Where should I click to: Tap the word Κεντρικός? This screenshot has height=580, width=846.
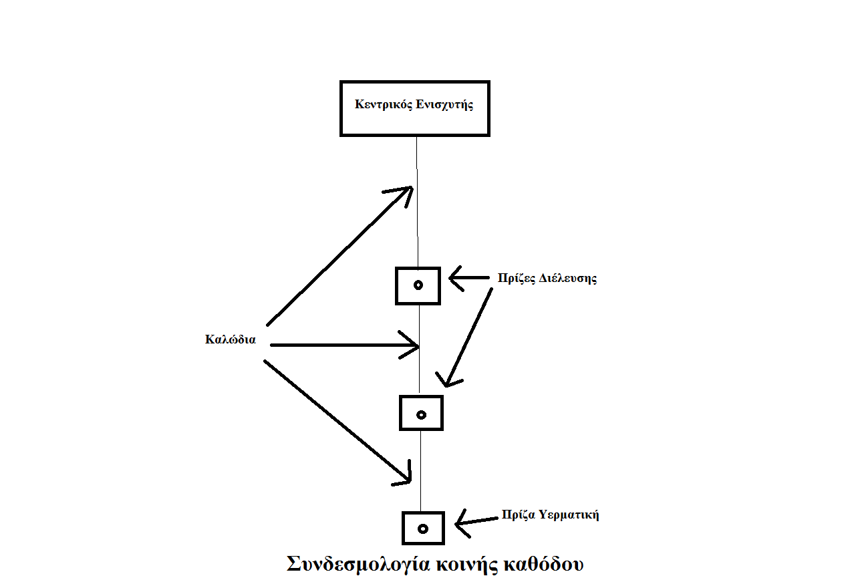[384, 104]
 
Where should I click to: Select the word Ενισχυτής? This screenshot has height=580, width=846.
[444, 105]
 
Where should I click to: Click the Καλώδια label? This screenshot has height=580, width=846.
[231, 339]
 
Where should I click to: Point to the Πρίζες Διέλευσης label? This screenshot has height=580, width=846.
[547, 278]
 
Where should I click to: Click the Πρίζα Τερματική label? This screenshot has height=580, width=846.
[550, 515]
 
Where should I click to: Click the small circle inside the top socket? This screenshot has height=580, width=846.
[418, 285]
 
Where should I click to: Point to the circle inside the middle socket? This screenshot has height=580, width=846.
[422, 415]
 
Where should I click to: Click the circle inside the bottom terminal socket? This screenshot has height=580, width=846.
[423, 529]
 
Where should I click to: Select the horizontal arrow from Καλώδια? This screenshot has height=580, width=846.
[344, 345]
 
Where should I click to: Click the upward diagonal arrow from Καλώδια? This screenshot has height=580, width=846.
[340, 256]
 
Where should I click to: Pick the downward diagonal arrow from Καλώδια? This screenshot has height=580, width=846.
[337, 421]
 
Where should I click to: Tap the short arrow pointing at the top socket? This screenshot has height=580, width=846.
[469, 278]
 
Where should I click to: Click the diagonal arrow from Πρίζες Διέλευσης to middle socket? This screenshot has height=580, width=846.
[469, 337]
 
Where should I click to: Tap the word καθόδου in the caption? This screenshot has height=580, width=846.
[543, 565]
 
